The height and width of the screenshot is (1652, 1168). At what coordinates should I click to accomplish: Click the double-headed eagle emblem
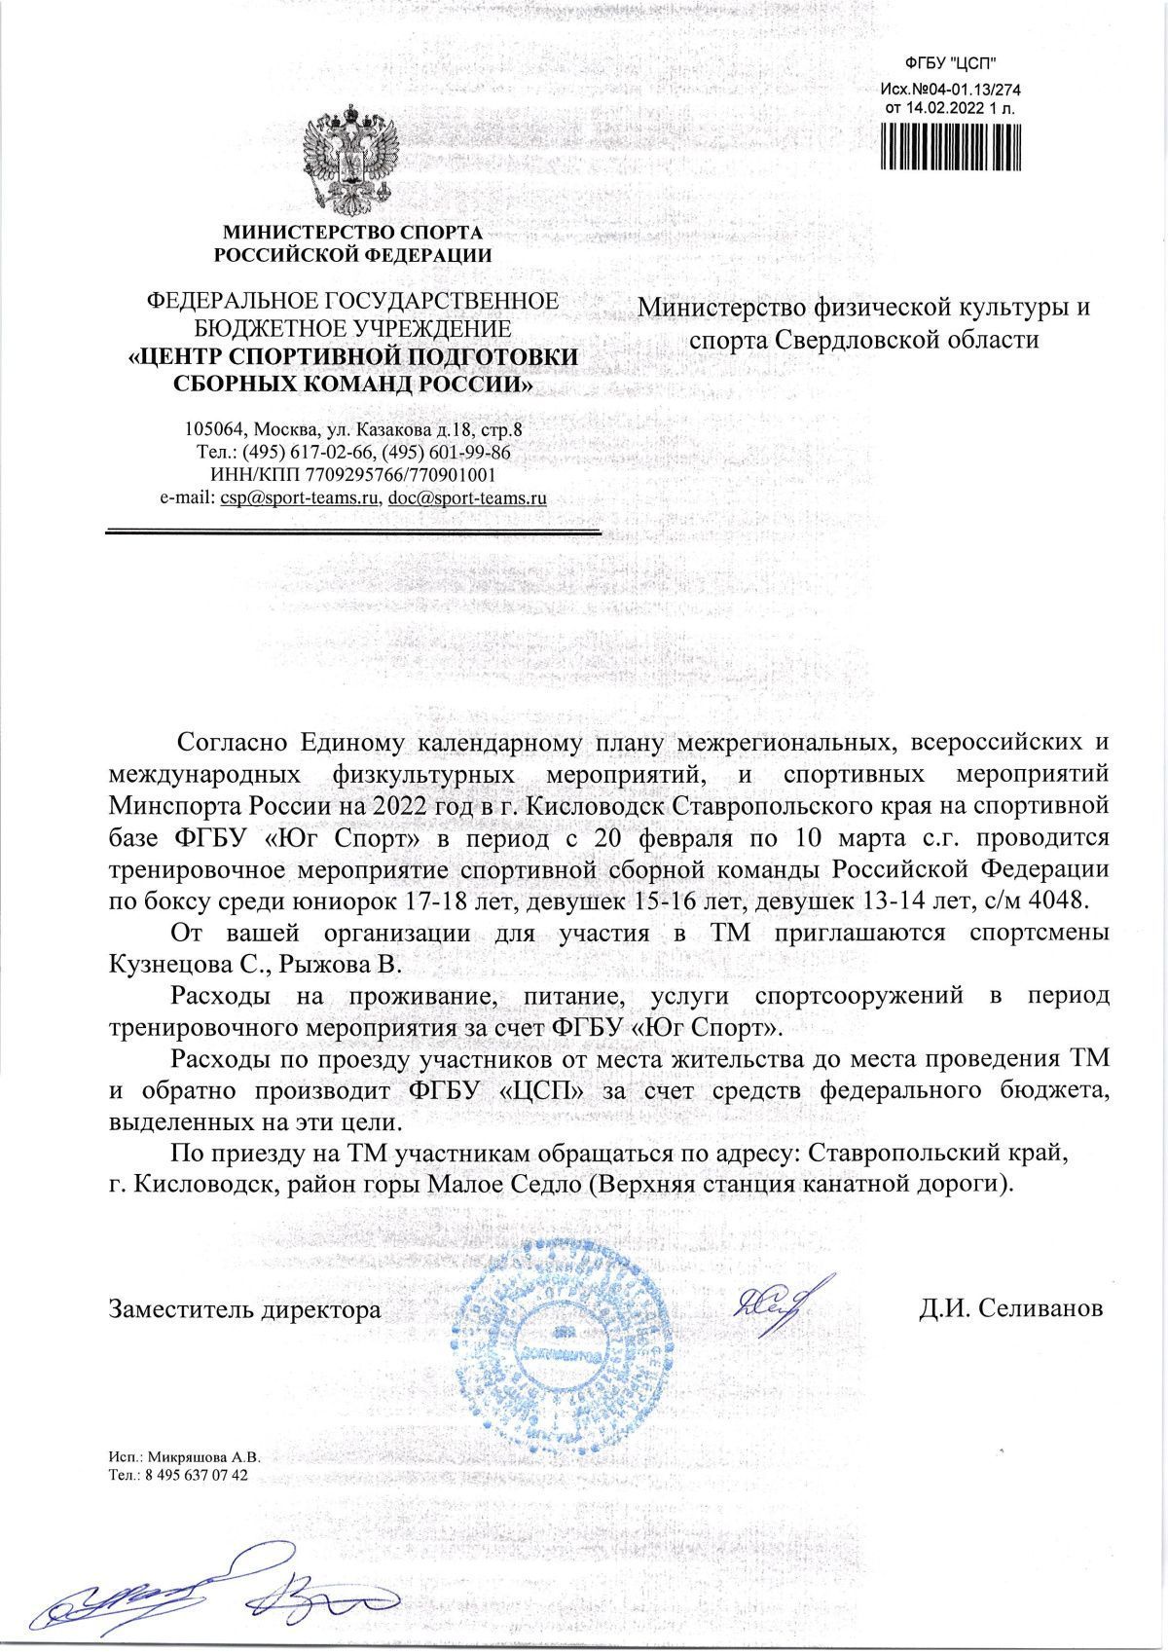click(352, 162)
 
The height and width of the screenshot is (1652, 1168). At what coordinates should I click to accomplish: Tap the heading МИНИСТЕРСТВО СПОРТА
click(353, 233)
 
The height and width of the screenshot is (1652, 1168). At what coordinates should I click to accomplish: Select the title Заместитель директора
click(244, 1309)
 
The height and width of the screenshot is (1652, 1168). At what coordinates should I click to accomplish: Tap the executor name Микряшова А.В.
click(203, 1459)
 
